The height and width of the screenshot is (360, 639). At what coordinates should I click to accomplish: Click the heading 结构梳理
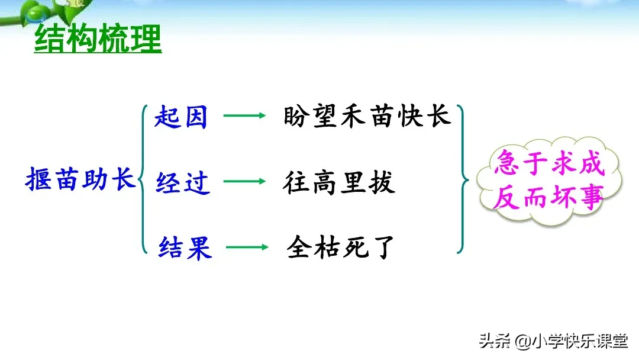[98, 40]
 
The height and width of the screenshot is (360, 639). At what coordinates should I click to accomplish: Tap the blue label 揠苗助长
[80, 178]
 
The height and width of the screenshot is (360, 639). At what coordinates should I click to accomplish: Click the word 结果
[185, 247]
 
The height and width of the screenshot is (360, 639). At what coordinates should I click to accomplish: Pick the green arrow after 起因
[244, 116]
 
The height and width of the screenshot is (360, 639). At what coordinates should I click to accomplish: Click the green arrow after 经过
[244, 182]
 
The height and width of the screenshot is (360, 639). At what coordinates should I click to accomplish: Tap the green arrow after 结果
[247, 247]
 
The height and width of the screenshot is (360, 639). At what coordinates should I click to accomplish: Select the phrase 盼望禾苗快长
[367, 115]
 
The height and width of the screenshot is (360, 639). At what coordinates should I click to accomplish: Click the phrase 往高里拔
[339, 182]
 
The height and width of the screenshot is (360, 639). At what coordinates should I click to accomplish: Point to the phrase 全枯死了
[340, 247]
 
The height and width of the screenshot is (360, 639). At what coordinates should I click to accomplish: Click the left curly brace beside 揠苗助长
[143, 179]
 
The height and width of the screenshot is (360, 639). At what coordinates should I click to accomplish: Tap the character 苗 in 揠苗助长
[66, 178]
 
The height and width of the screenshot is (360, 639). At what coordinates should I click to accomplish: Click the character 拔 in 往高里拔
[382, 182]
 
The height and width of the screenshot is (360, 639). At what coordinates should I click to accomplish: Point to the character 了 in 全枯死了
[383, 247]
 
